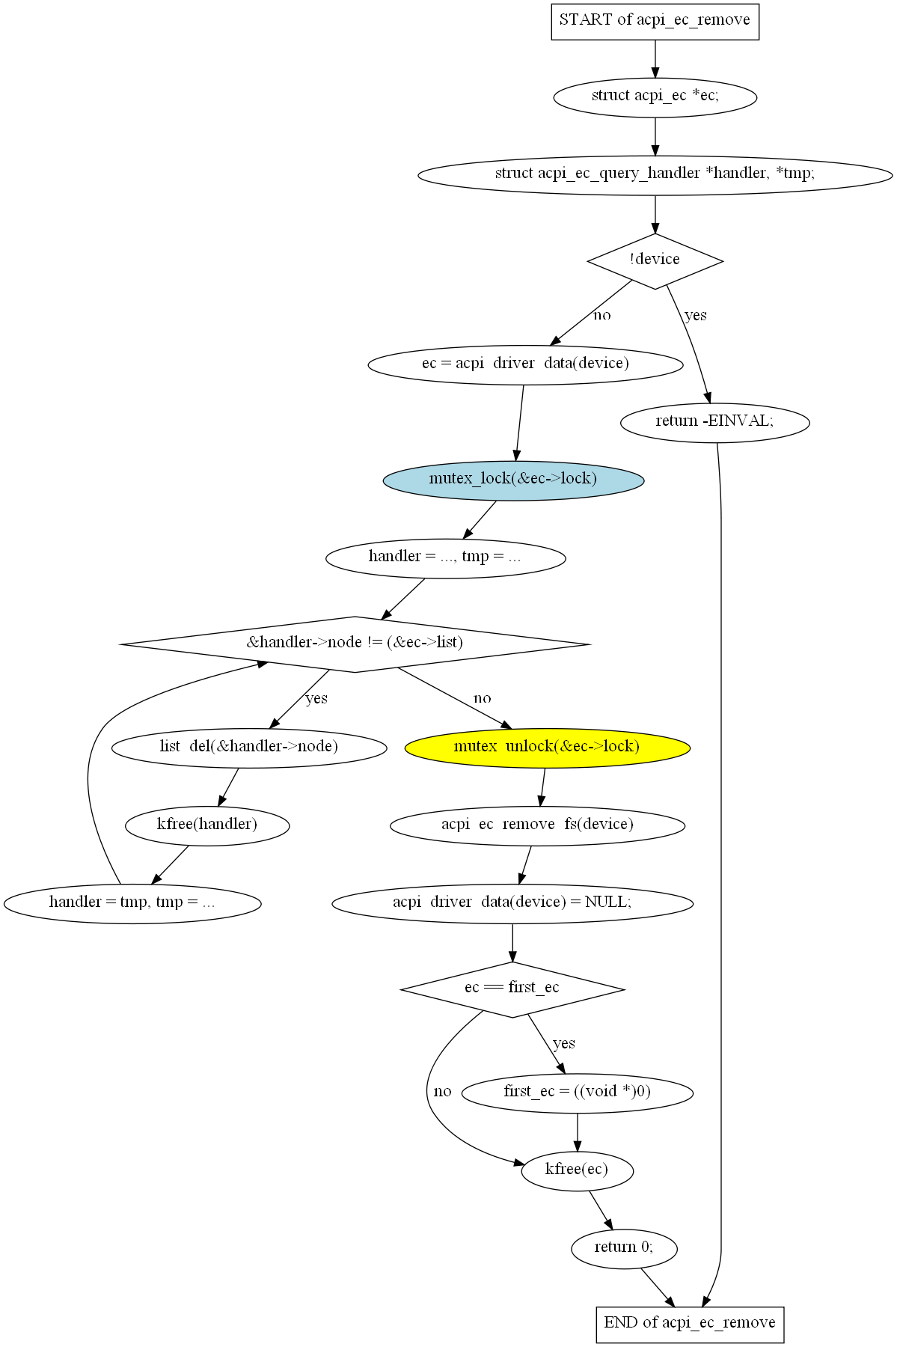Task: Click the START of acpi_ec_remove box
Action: [655, 21]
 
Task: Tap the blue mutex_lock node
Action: [513, 480]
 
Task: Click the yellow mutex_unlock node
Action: [547, 748]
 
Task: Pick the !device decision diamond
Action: [655, 261]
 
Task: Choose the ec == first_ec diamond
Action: [512, 989]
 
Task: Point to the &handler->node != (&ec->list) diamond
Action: [355, 644]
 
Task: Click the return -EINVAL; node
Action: [715, 423]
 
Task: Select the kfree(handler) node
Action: [207, 825]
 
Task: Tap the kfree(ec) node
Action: [577, 1170]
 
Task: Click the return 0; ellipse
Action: [624, 1248]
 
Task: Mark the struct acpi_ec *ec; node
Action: [655, 97]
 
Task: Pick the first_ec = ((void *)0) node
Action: [578, 1093]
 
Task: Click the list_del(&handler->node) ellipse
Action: [249, 748]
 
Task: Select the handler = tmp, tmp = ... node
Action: [132, 903]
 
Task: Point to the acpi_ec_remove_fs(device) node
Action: [537, 825]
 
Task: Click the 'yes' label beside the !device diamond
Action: [696, 315]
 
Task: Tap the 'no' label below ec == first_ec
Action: [443, 1091]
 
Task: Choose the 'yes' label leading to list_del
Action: [316, 698]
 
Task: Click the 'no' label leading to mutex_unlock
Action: [483, 698]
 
